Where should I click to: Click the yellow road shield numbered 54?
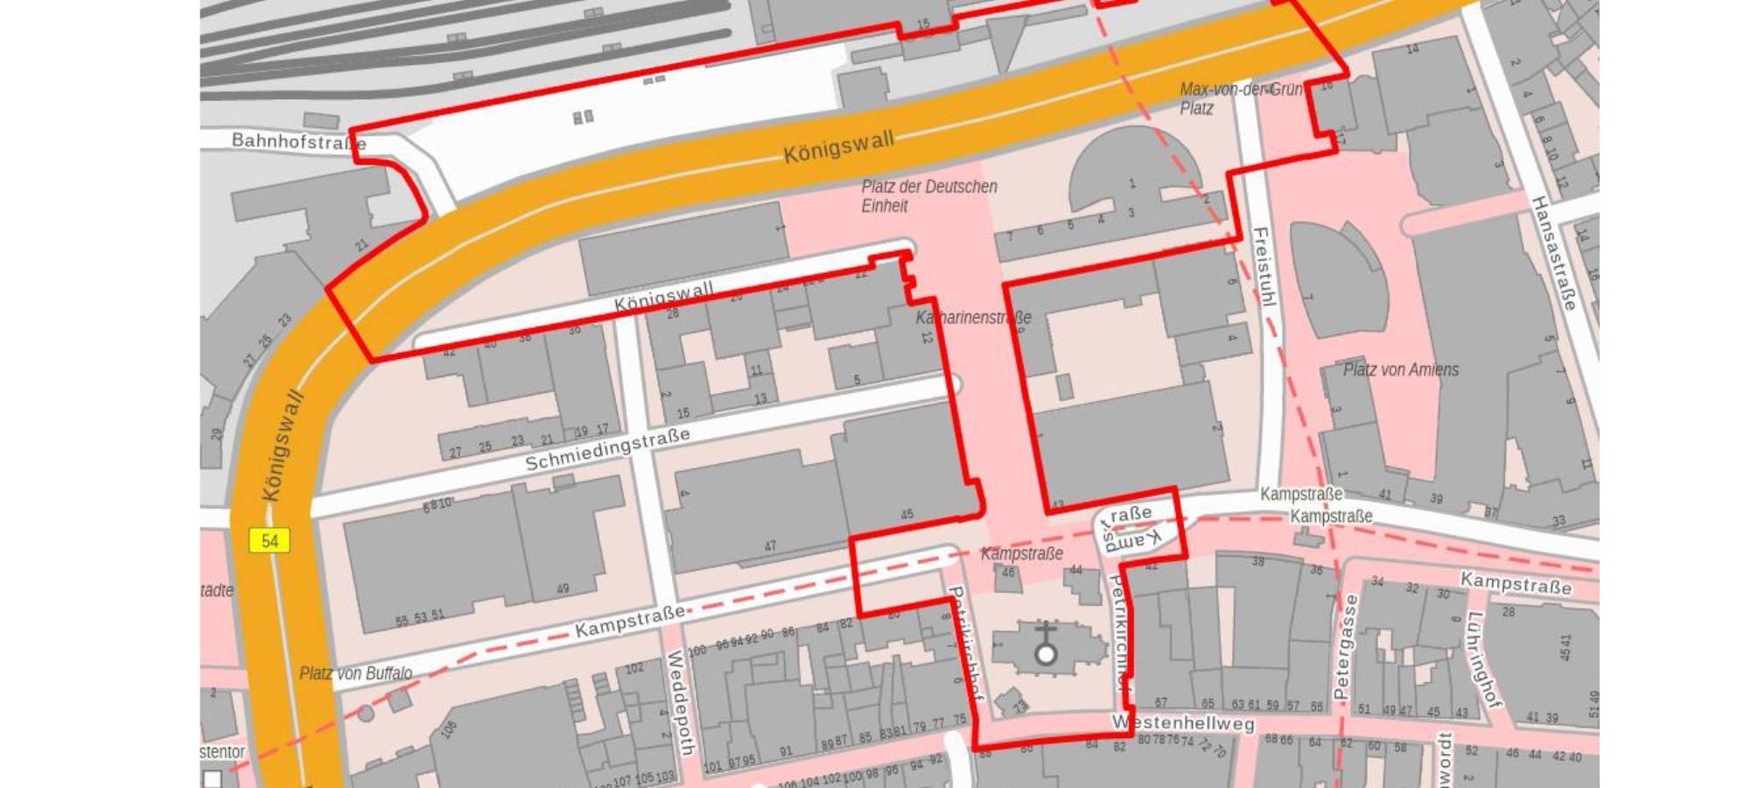pos(270,540)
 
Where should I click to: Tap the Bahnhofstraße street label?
pos(298,141)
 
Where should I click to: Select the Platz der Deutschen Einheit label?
pos(928,196)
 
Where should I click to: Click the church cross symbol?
pos(1045,644)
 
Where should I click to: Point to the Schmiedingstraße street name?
pos(607,448)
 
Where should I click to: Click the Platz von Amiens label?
pos(1400,369)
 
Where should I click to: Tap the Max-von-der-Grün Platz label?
pos(1240,98)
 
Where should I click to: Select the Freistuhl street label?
pos(1264,266)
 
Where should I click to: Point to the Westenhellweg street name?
pos(1182,723)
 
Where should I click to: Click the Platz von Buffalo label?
pos(355,673)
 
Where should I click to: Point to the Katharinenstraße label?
pos(972,317)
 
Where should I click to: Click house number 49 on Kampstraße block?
pos(563,588)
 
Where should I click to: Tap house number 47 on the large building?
pos(770,545)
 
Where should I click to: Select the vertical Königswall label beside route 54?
pos(284,447)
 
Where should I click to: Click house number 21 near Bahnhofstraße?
pos(362,245)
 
